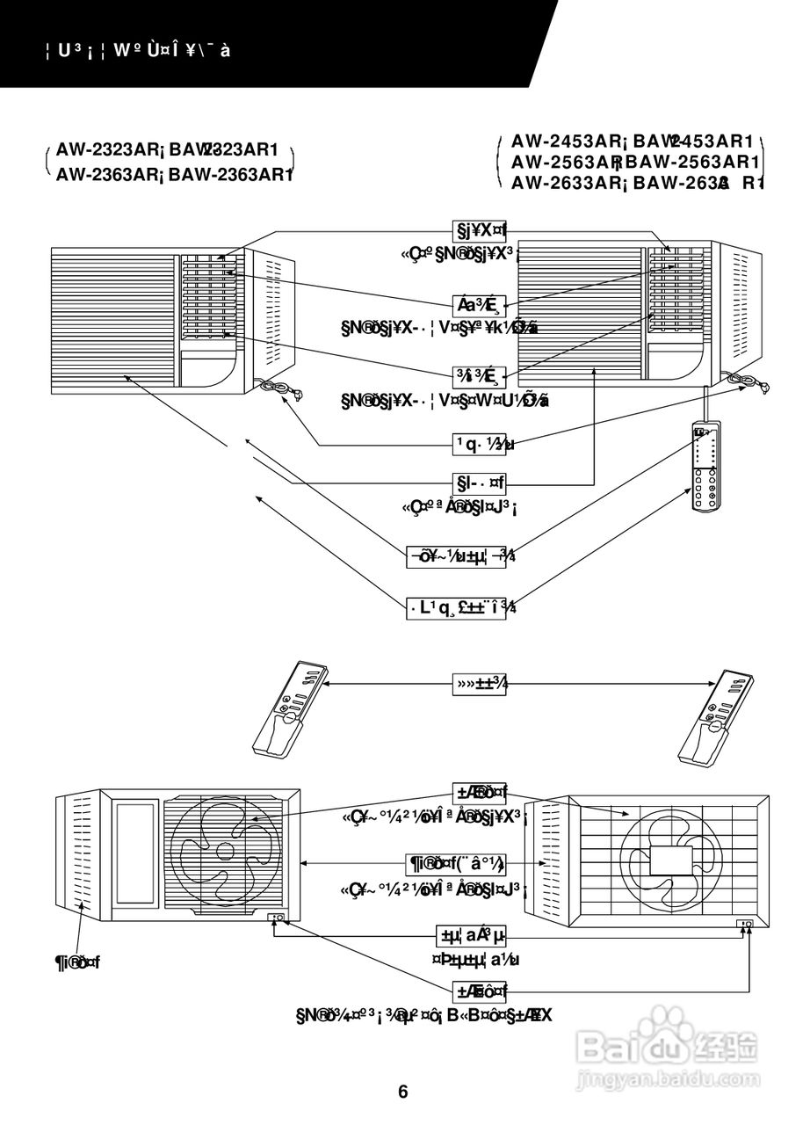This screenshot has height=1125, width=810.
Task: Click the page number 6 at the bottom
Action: click(x=403, y=1092)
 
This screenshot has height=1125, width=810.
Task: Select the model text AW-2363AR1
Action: click(x=230, y=174)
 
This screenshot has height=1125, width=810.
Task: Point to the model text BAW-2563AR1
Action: click(x=693, y=162)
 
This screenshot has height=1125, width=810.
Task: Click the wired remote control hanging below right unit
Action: click(x=705, y=466)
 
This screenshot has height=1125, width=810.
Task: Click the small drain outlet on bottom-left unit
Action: click(x=277, y=918)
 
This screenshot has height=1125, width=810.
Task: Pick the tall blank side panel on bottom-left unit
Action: click(x=135, y=854)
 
